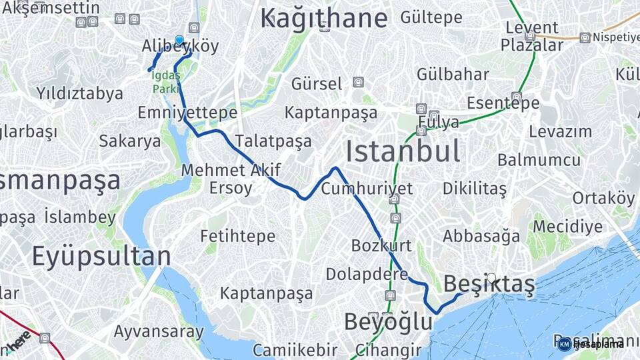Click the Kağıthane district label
point(323,18)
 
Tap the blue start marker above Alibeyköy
point(179,40)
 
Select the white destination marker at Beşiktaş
point(491,277)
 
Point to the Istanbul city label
point(403,151)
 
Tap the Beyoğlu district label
point(388,322)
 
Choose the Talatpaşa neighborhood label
point(273,141)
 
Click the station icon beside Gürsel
point(359,83)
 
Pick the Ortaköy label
point(603,198)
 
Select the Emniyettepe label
point(187,113)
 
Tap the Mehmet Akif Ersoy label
point(231,179)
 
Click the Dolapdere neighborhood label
point(367,274)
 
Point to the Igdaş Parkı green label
point(165,82)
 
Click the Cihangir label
point(388,350)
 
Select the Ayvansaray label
point(158,331)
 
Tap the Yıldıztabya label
point(80,93)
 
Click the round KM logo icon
point(565,344)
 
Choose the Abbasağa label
point(481,236)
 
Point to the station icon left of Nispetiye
point(585,37)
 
